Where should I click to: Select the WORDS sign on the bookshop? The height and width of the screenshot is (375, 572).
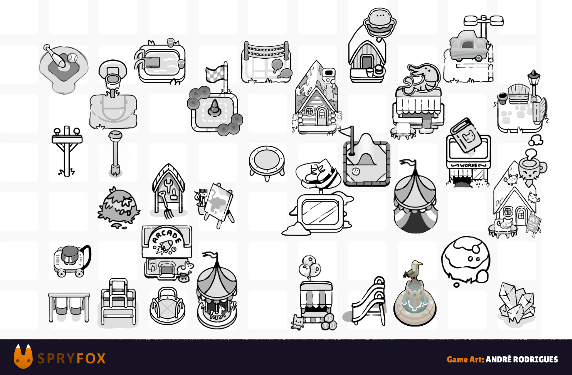click(468, 165)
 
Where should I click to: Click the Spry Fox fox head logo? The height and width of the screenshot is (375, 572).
click(23, 357)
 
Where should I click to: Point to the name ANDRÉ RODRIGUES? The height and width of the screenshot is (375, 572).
click(522, 360)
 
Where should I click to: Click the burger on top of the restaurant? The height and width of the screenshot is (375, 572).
click(380, 22)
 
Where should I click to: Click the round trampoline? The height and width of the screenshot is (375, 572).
click(267, 162)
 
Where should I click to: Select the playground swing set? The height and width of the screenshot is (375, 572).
click(69, 307)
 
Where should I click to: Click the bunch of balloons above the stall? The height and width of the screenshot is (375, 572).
click(310, 267)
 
